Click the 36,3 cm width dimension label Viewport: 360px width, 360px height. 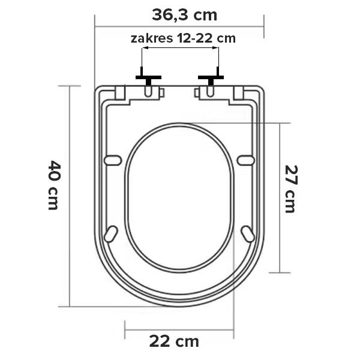click(184, 16)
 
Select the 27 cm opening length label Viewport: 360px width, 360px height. click(291, 189)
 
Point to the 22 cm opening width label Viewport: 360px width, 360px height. click(174, 341)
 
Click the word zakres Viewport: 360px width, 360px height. click(152, 38)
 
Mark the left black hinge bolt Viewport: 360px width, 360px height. click(148, 77)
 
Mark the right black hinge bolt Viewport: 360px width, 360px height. click(211, 77)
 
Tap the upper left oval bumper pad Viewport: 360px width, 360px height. click(113, 160)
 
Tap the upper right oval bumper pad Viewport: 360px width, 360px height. click(245, 160)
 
